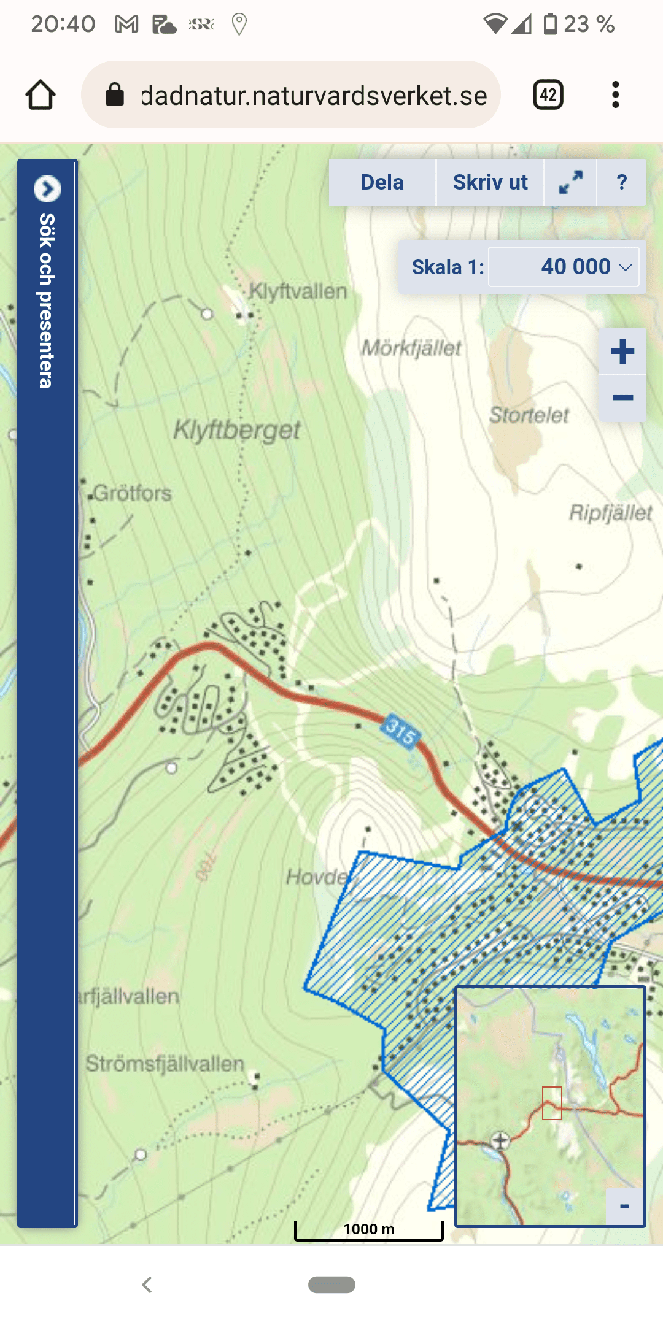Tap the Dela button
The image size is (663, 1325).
(x=382, y=182)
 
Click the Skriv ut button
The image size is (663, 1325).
(x=490, y=182)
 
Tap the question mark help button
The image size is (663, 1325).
(x=621, y=182)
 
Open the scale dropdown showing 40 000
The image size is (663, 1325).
(x=564, y=267)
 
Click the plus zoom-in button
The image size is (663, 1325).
(x=622, y=351)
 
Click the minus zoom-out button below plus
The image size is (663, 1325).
(x=622, y=398)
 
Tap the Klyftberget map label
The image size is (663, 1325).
(x=237, y=430)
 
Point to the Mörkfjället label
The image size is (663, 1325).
(x=411, y=348)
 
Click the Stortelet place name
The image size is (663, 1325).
(x=529, y=415)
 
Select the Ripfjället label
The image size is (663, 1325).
(x=610, y=512)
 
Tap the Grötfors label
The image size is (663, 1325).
(x=132, y=493)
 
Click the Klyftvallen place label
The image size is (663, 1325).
(x=298, y=291)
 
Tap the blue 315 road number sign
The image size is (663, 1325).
(x=401, y=731)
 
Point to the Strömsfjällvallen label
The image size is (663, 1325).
(x=165, y=1063)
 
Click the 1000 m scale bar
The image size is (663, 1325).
(x=368, y=1230)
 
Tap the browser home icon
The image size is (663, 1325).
(x=41, y=95)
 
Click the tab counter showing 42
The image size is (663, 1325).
(x=548, y=95)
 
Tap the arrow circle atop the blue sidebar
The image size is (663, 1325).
(x=47, y=188)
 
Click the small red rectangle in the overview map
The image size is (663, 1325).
(x=552, y=1103)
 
